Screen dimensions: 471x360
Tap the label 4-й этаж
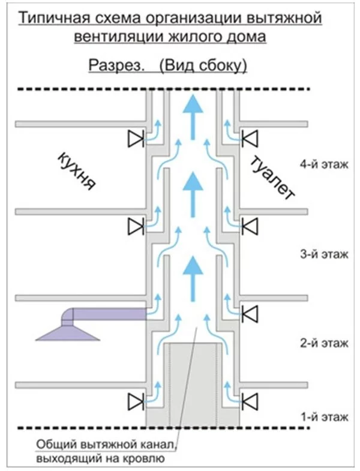tap(323, 164)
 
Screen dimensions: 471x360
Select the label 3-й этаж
tap(323, 254)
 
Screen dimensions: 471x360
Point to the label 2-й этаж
tap(323, 343)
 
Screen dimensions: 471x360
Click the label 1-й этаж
tap(323, 416)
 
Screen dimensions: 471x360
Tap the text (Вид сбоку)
tap(203, 65)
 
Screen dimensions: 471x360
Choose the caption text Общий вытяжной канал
tap(104, 445)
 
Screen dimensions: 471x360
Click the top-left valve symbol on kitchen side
tap(136, 140)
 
